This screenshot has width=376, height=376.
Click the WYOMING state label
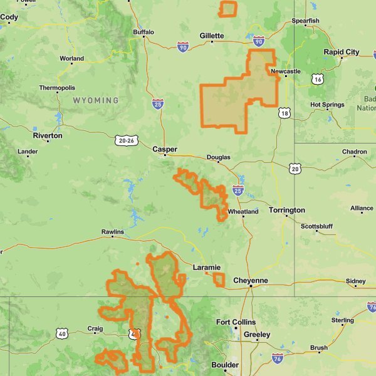click(95, 100)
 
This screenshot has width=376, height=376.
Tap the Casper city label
click(165, 149)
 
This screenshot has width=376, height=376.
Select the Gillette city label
click(211, 36)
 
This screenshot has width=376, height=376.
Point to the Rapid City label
click(341, 52)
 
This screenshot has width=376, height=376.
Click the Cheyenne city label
click(250, 280)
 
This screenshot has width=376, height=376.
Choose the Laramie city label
click(206, 268)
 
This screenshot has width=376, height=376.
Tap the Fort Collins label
click(236, 322)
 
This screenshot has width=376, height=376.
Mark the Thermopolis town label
click(56, 88)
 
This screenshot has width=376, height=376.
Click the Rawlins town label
click(113, 232)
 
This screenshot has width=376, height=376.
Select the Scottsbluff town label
click(316, 226)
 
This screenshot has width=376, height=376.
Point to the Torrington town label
click(286, 210)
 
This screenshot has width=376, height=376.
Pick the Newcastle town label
click(286, 71)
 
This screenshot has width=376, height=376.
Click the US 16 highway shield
click(318, 78)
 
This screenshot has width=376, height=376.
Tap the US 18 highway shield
click(285, 113)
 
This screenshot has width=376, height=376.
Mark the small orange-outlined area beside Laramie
click(218, 279)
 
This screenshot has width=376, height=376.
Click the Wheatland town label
click(243, 212)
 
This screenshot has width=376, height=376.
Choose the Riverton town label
click(48, 135)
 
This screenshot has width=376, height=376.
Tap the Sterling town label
click(342, 320)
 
